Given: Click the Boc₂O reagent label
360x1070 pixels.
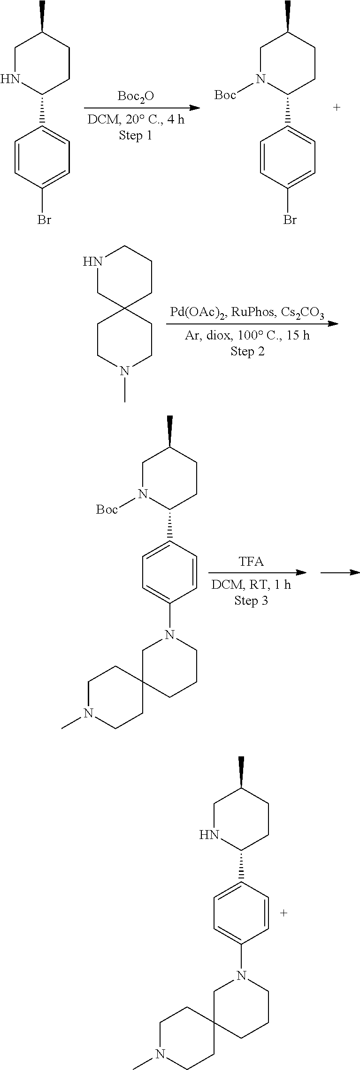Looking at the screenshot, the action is [x=136, y=97].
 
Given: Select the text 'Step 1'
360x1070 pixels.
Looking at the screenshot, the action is [x=136, y=136].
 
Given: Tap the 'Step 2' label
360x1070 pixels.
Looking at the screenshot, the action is [x=247, y=351].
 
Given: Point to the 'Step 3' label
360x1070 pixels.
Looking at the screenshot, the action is [x=251, y=600].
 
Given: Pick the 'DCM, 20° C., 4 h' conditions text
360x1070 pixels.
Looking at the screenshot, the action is [x=136, y=120].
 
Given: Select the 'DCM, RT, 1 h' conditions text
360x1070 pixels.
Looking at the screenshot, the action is [x=251, y=585].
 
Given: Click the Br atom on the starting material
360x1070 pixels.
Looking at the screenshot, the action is [x=45, y=219].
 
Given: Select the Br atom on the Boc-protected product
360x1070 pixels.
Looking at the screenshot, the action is [x=290, y=219].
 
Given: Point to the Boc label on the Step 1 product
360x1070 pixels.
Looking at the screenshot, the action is [x=225, y=95].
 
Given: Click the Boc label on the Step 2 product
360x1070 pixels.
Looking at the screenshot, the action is [x=107, y=509].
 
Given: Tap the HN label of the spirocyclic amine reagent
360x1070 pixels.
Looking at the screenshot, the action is [x=93, y=262].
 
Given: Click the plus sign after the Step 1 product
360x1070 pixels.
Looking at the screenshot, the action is [x=337, y=108].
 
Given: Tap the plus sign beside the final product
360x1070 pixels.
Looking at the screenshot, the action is [x=283, y=913].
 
